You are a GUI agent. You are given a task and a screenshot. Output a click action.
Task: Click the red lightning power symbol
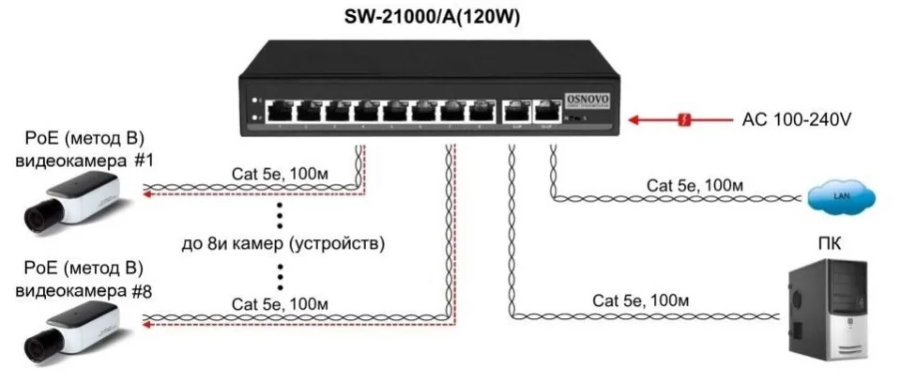point(685,120)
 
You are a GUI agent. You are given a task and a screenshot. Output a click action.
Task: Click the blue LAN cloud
point(841,196)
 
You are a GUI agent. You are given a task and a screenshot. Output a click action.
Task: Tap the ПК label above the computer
point(829,246)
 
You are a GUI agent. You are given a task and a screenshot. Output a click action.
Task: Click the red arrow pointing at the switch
point(638,120)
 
